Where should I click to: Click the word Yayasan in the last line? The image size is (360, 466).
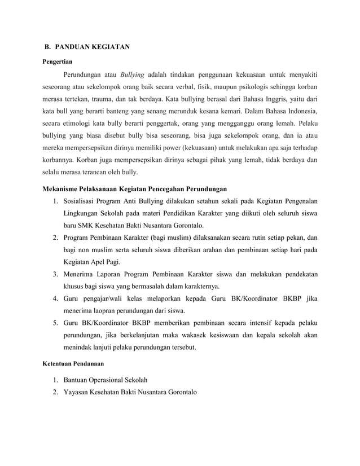point(78,392)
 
